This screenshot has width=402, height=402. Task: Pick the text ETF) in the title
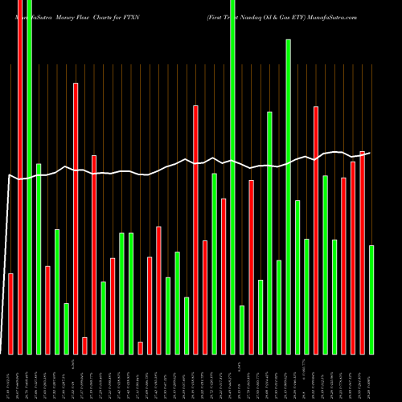click(310, 5)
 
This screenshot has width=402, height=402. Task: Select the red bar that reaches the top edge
click(20, 177)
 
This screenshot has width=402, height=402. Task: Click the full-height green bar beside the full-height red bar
click(30, 177)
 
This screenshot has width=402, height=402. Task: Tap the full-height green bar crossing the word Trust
click(232, 177)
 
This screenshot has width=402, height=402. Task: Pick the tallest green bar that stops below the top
click(288, 196)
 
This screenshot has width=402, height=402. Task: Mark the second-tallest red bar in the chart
click(76, 218)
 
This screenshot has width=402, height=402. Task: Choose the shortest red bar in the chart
click(140, 347)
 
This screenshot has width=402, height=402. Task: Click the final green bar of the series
click(371, 299)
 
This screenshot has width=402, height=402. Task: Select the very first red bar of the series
click(11, 314)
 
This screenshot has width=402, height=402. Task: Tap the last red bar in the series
click(362, 252)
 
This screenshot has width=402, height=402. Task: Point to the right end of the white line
click(371, 153)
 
